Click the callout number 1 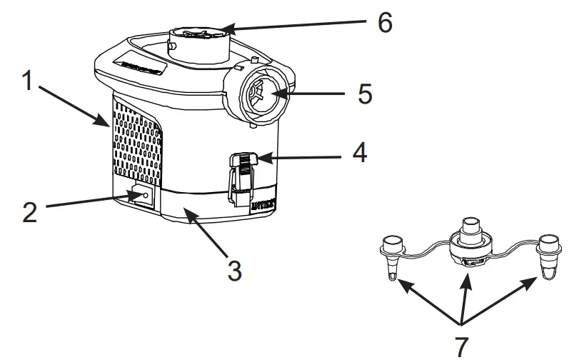pos(26,81)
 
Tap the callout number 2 pos(29,212)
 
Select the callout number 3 pos(235,271)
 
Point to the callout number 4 pos(359,152)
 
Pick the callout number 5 pos(365,94)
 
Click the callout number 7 pos(462,346)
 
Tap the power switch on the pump pos(140,197)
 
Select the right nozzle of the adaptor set pos(549,256)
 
